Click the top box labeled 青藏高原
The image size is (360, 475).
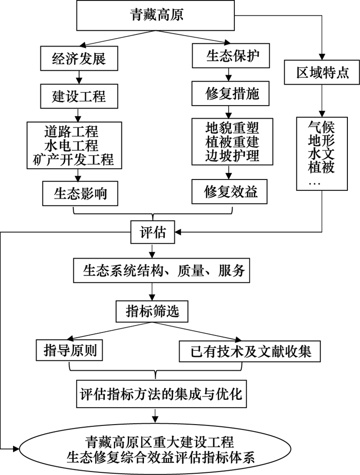(x=155, y=15)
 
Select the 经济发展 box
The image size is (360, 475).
(x=79, y=58)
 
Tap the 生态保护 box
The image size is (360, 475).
(x=231, y=56)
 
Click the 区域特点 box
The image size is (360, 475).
(x=322, y=72)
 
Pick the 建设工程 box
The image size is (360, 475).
(x=79, y=96)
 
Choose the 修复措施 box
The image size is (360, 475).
(x=230, y=93)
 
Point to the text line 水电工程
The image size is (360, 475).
(x=72, y=146)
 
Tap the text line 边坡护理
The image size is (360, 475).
(x=232, y=156)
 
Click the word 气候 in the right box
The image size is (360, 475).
(x=321, y=127)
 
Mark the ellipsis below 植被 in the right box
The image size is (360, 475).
(x=314, y=183)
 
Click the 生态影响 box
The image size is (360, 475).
(x=80, y=193)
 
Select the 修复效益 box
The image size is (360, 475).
(x=229, y=192)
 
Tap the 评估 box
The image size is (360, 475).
(x=153, y=233)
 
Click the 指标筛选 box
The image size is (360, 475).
(x=152, y=311)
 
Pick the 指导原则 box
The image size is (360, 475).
(x=69, y=350)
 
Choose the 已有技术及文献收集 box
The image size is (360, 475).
(x=250, y=351)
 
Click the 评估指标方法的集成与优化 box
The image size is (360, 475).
(x=161, y=394)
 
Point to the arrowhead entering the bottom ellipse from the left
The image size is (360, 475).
(x=16, y=448)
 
